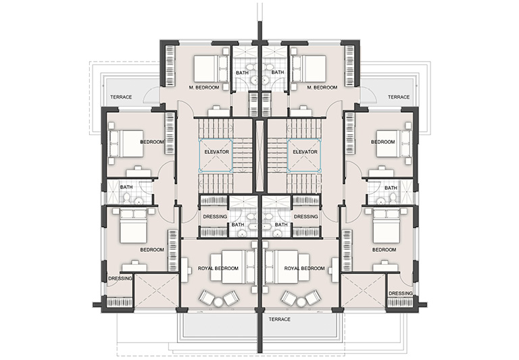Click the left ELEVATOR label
[x=217, y=152]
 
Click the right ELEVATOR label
[x=305, y=152]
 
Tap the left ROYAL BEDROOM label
[x=218, y=268]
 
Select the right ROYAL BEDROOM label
[x=305, y=268]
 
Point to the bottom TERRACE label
[x=280, y=319]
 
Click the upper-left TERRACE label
[x=121, y=97]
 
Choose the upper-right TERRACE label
[x=399, y=97]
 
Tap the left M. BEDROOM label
[x=204, y=87]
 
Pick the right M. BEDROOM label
[x=322, y=87]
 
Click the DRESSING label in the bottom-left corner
[x=120, y=278]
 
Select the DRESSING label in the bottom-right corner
[x=401, y=294]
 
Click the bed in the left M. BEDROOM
[x=210, y=68]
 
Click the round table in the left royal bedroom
[x=219, y=302]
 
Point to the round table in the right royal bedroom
[x=301, y=302]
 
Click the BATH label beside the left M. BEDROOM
[x=242, y=72]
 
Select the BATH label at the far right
[x=391, y=188]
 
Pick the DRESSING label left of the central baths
[x=215, y=217]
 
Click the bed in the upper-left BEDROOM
[x=126, y=143]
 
